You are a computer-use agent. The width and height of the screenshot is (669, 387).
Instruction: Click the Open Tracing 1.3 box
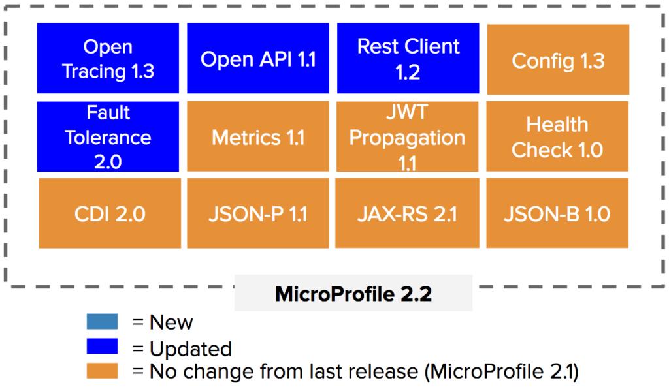click(x=108, y=59)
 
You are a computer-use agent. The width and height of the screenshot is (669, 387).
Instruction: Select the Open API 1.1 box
click(x=258, y=59)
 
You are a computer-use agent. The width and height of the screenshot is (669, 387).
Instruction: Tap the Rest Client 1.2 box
click(x=408, y=59)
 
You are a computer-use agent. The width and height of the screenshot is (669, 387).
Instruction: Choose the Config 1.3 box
click(x=558, y=61)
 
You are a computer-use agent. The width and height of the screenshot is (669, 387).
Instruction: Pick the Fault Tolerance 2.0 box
click(x=108, y=136)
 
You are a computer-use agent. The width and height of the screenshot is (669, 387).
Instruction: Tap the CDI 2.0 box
click(x=109, y=213)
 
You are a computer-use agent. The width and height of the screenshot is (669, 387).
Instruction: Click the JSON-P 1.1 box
click(x=259, y=213)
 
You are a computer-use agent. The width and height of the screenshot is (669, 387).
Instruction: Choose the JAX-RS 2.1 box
click(x=408, y=213)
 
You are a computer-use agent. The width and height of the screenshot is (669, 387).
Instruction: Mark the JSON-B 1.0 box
click(x=557, y=213)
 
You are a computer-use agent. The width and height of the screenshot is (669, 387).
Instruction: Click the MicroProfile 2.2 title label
click(x=353, y=294)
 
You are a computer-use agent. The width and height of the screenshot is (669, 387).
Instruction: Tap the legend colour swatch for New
click(x=101, y=321)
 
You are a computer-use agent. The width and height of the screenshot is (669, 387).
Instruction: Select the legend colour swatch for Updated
click(x=101, y=346)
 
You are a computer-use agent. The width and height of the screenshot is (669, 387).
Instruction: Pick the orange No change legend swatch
click(x=101, y=371)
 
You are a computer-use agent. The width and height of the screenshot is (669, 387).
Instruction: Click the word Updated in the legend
click(x=191, y=348)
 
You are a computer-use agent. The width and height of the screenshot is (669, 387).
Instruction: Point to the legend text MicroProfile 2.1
click(x=502, y=372)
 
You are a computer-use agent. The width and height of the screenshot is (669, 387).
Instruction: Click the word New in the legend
click(x=171, y=322)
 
